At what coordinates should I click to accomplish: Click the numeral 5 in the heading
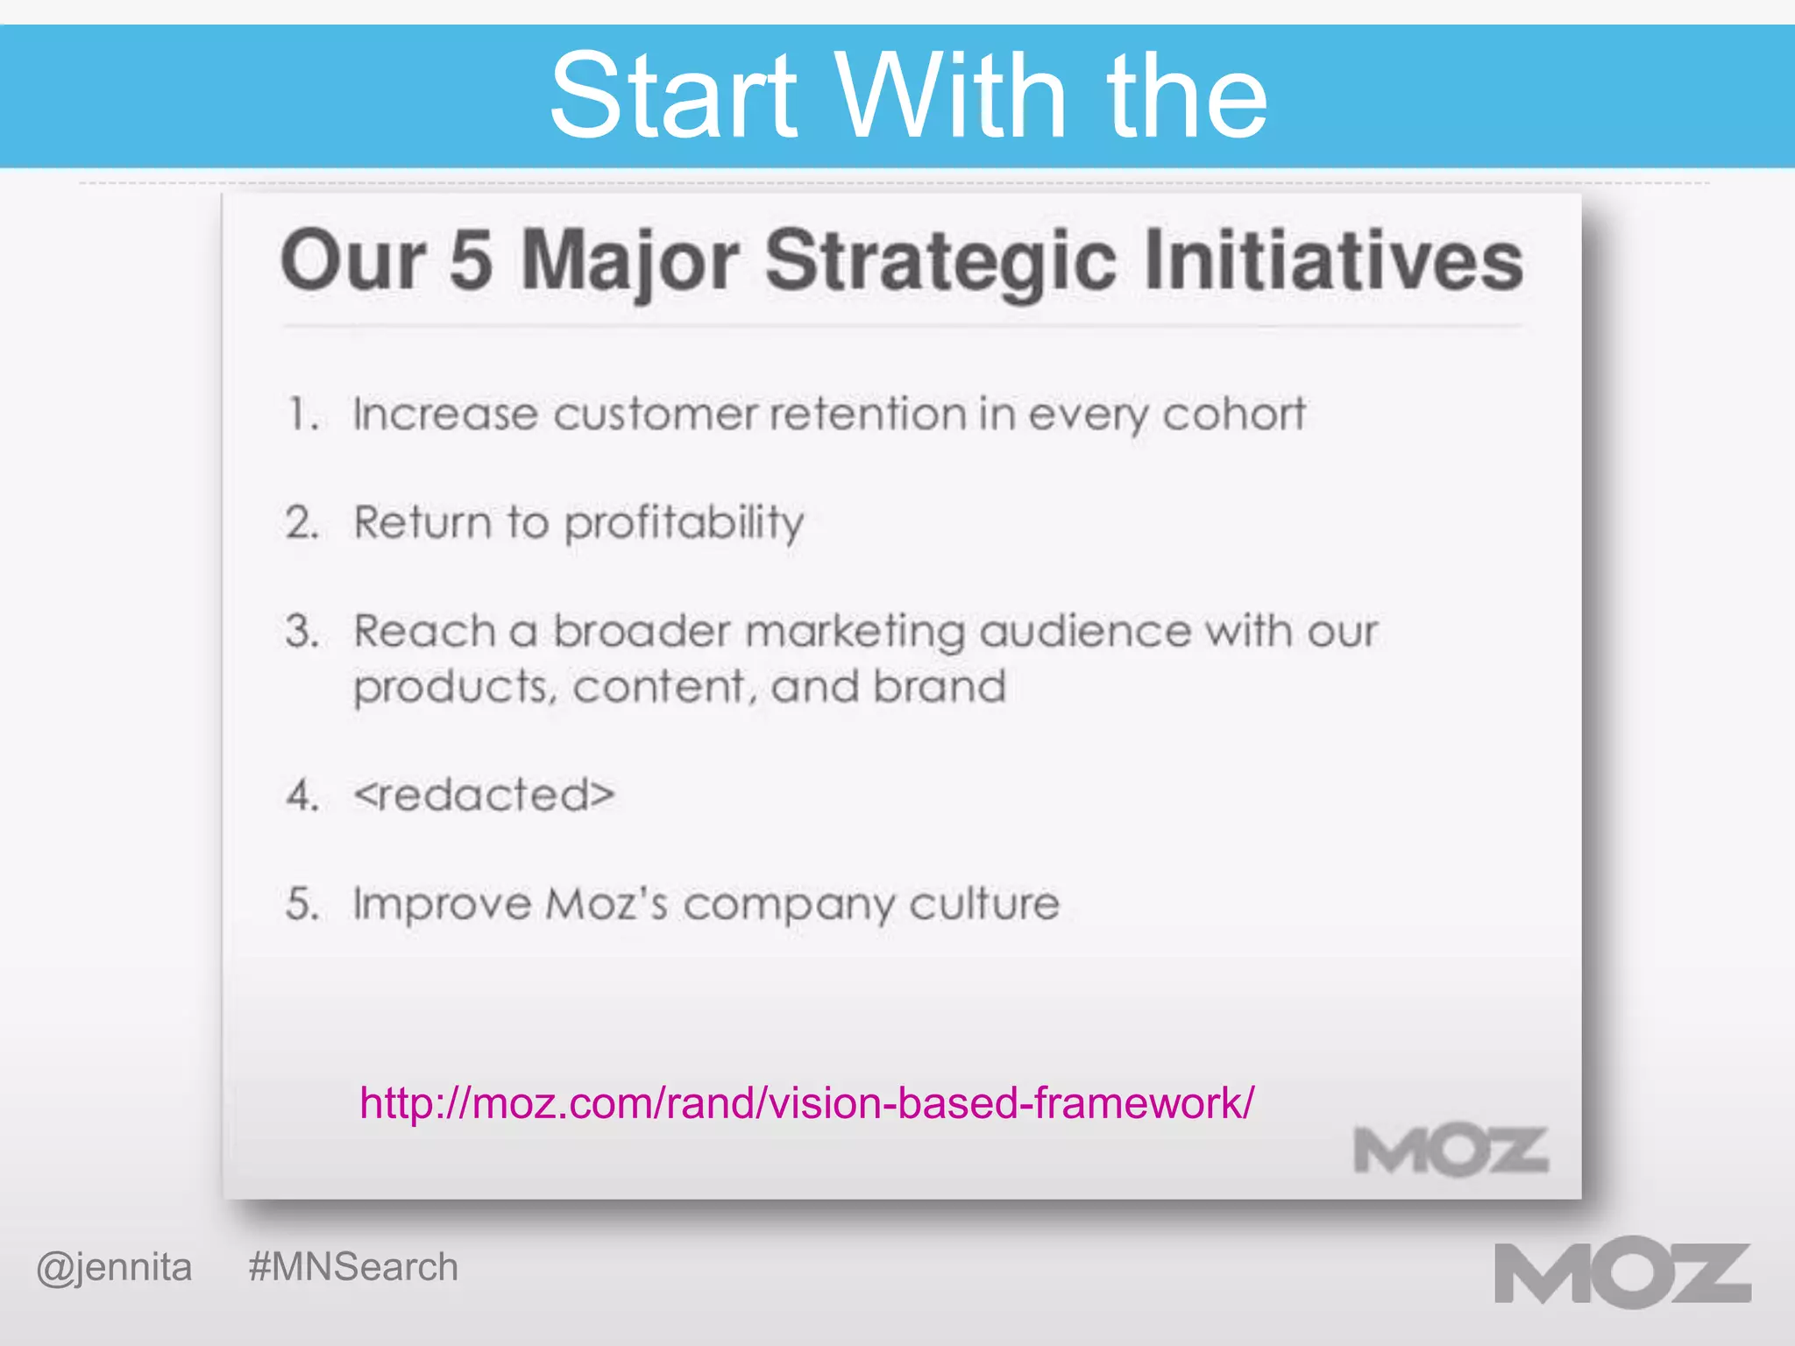coord(471,260)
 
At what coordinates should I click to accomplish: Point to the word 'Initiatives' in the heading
coord(1334,260)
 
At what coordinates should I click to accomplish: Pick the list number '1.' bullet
coord(303,414)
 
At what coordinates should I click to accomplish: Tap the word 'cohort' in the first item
coord(1234,414)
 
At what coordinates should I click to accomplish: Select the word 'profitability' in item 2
coord(684,524)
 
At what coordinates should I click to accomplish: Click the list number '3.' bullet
coord(302,632)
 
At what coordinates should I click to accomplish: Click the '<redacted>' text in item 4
coord(484,796)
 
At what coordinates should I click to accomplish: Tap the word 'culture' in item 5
coord(984,904)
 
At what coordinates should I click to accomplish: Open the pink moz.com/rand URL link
coord(806,1102)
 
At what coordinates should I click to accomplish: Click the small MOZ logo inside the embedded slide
coord(1451,1151)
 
